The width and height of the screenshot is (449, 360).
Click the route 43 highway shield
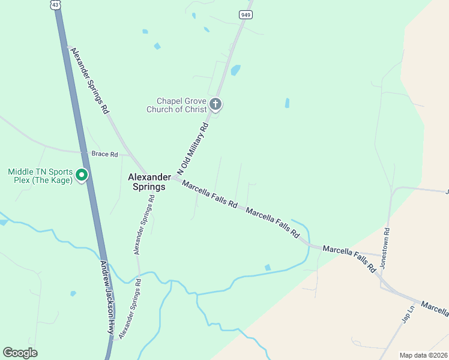point(55,5)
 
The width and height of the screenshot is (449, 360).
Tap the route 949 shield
point(246,14)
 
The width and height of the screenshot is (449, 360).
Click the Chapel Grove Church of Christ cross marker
point(215,105)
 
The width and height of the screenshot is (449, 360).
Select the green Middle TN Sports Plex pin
point(83,176)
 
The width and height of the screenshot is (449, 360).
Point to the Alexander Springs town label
point(146,182)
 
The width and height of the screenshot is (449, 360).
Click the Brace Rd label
point(104,154)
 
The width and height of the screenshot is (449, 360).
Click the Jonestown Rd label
point(386,247)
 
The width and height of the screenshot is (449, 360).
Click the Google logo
point(20,353)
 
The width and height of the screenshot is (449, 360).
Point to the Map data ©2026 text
point(424,355)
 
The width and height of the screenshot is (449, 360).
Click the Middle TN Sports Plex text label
point(40,176)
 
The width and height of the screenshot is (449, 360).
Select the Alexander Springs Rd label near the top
point(89,80)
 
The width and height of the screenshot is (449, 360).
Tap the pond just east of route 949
point(235,70)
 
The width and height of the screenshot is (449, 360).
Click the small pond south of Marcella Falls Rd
point(267,267)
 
